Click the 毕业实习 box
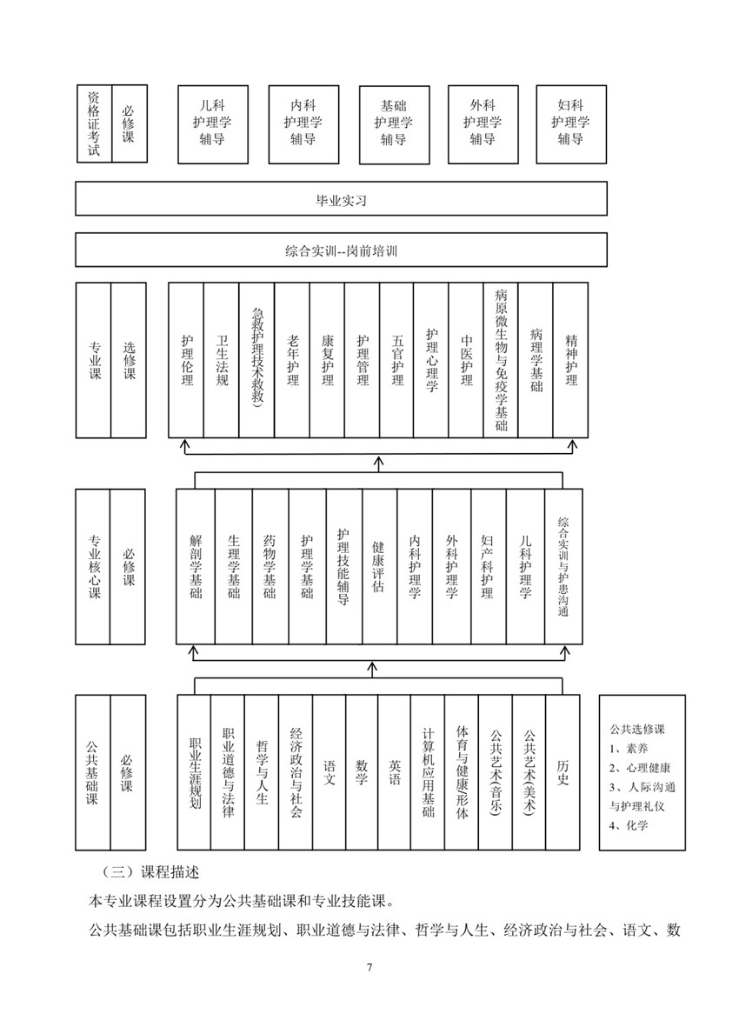pyautogui.click(x=341, y=198)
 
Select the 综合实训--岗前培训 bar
pyautogui.click(x=341, y=250)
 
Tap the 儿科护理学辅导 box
pyautogui.click(x=213, y=123)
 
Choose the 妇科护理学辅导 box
pyautogui.click(x=571, y=123)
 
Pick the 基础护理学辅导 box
pyautogui.click(x=394, y=124)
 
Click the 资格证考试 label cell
pyautogui.click(x=94, y=123)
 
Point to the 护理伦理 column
pyautogui.click(x=187, y=360)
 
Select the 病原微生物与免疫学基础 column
pyautogui.click(x=501, y=360)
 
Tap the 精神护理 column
pyautogui.click(x=571, y=360)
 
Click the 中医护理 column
pyautogui.click(x=466, y=360)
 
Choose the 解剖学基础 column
pyautogui.click(x=196, y=567)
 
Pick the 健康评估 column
pyautogui.click(x=380, y=567)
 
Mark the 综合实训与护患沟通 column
pyautogui.click(x=563, y=567)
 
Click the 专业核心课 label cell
pyautogui.click(x=93, y=567)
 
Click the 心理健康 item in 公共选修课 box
pyautogui.click(x=640, y=768)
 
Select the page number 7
pyautogui.click(x=369, y=967)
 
